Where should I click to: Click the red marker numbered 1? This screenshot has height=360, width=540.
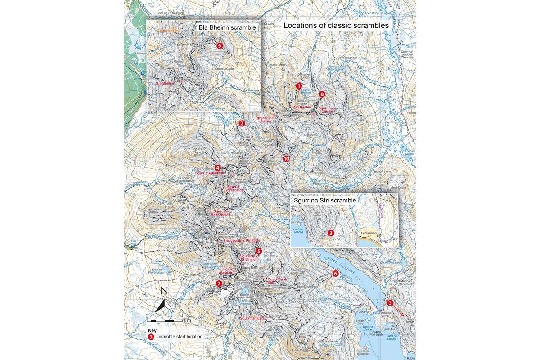click(x=298, y=85)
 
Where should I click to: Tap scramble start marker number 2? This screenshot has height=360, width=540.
click(x=242, y=123)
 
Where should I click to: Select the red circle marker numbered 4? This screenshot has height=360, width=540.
click(x=218, y=168)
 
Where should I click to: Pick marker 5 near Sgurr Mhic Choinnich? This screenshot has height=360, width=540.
click(x=258, y=251)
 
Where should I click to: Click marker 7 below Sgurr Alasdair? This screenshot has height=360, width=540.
click(x=219, y=283)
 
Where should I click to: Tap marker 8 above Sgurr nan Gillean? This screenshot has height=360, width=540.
click(x=322, y=94)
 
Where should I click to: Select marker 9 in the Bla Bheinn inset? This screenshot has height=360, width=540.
click(x=219, y=46)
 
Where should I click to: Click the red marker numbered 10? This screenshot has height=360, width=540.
click(x=286, y=159)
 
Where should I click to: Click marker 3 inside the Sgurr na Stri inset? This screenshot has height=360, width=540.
click(x=331, y=233)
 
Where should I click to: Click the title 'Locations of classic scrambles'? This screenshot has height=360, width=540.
click(x=336, y=26)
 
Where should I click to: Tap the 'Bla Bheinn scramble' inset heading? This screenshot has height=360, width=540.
click(x=227, y=28)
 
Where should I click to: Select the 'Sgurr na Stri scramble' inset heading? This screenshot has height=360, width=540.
click(x=324, y=200)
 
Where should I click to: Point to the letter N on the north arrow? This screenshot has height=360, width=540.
click(x=164, y=291)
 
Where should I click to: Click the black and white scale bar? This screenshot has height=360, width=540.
click(x=164, y=320)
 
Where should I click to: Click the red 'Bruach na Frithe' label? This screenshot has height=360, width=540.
click(x=265, y=119)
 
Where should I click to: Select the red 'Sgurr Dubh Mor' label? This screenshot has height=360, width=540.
click(x=277, y=281)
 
